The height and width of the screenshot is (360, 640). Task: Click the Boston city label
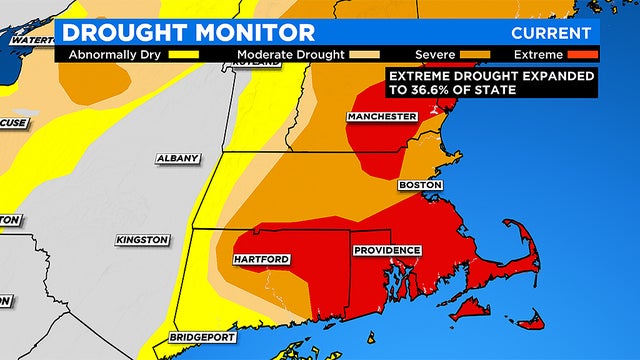point(419,185)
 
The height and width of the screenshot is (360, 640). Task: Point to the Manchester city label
point(381,117)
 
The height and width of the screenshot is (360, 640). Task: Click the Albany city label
point(178,158)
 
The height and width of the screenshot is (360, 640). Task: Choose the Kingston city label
point(142,240)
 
